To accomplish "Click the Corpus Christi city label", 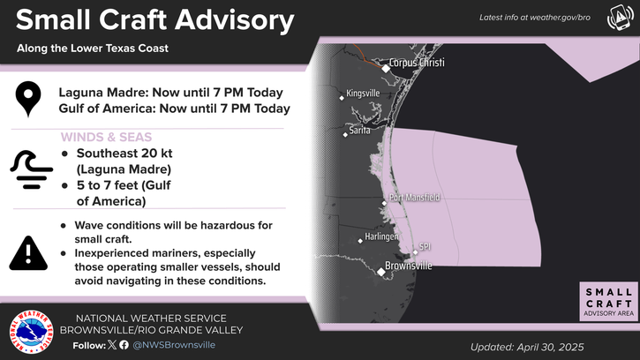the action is (417, 63).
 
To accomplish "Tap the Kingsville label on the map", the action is (363, 94).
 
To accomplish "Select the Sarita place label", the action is (359, 131).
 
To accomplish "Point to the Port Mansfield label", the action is (414, 198).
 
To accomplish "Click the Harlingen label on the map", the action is (381, 236).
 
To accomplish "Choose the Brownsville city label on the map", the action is (409, 266).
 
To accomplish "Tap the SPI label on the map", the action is (425, 246).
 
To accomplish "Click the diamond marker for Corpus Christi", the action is (386, 69).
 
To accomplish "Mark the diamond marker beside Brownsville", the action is (380, 272).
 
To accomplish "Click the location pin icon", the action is (28, 99).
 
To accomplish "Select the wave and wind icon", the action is (32, 169).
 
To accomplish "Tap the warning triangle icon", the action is (28, 254).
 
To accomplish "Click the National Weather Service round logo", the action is (32, 332).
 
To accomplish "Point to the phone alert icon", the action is (621, 17).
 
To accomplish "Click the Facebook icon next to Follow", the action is (124, 345).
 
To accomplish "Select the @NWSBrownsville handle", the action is (174, 345).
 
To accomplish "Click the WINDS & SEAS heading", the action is (106, 137).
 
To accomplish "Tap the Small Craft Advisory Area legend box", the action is (608, 302).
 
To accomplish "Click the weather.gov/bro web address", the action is (561, 18).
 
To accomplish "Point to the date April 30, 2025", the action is (550, 348).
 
